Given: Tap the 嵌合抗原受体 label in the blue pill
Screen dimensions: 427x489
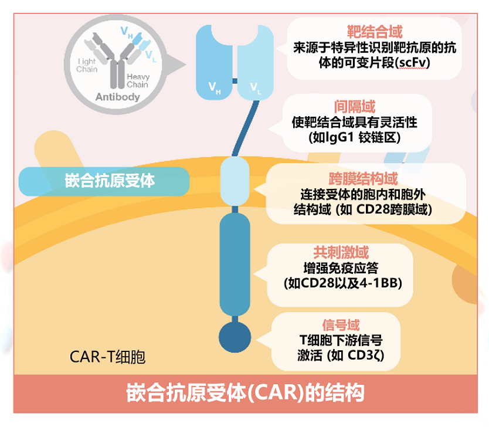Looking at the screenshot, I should click(x=110, y=181).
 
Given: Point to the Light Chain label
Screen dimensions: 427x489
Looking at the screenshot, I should click(x=87, y=65).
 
